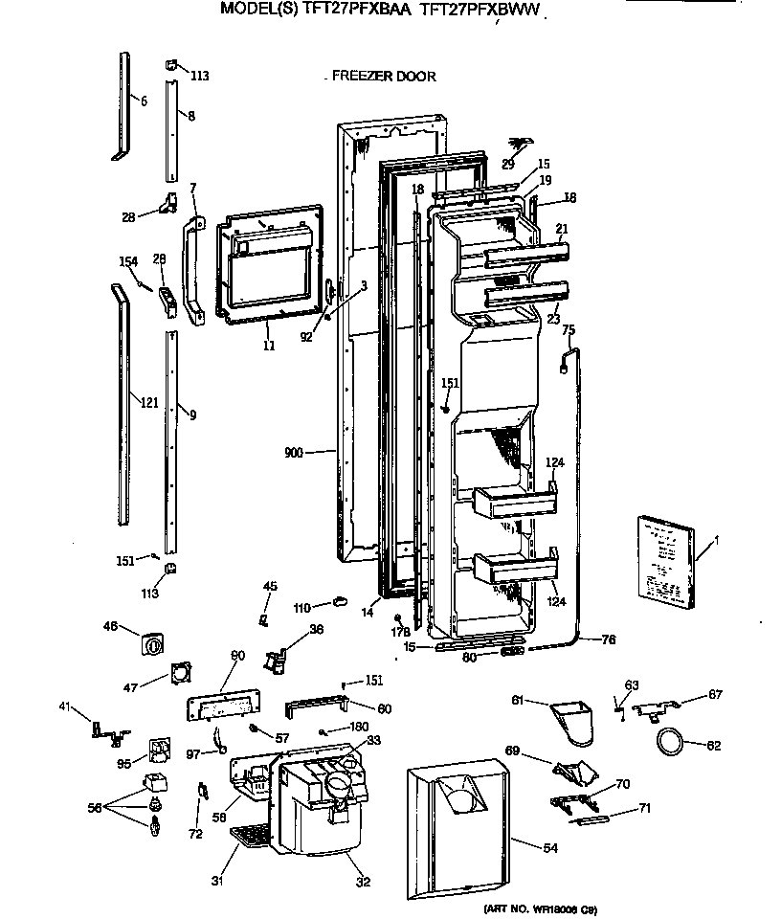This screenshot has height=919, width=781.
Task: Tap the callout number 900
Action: [293, 451]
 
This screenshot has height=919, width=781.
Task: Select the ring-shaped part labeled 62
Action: [670, 740]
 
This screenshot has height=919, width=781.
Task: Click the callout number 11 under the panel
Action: [269, 345]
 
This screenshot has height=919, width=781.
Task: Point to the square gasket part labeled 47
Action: [178, 674]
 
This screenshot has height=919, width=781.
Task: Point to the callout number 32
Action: [363, 882]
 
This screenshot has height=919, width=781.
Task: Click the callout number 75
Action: [568, 330]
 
